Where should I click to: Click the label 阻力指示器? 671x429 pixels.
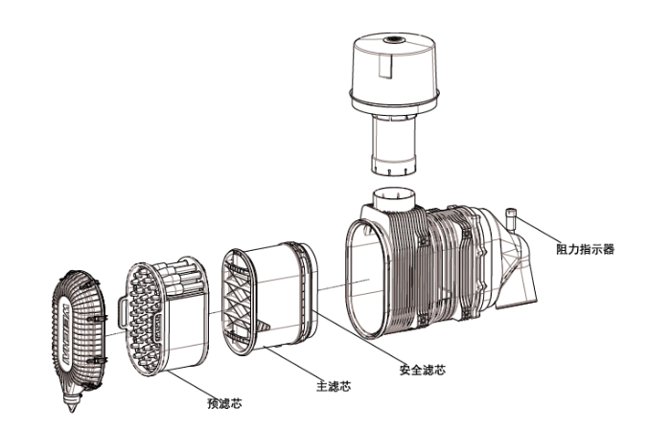click(584, 248)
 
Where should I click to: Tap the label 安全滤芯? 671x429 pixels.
click(422, 369)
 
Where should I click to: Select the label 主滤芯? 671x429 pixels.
click(334, 387)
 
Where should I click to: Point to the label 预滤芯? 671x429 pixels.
click(222, 403)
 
